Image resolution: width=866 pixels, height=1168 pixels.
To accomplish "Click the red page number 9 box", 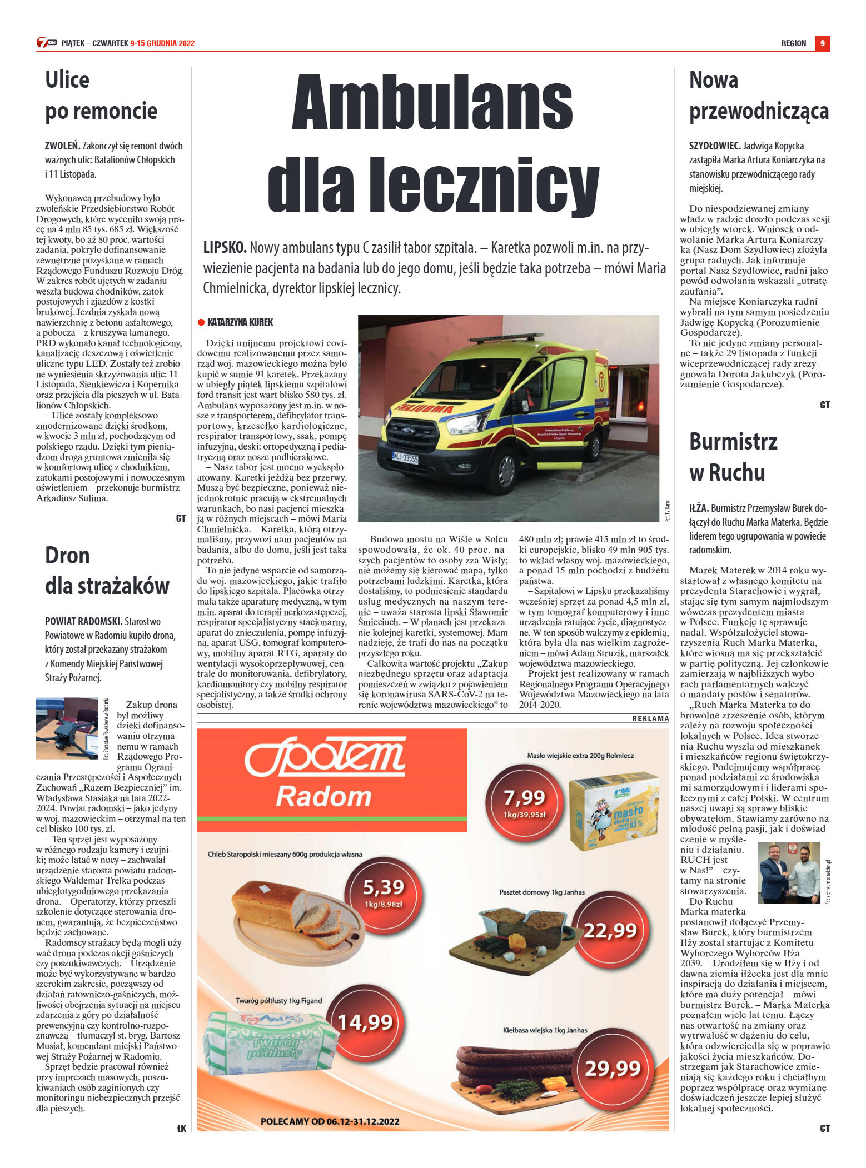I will tap(822, 43).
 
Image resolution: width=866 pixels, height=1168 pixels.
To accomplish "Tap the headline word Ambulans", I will tap(432, 103).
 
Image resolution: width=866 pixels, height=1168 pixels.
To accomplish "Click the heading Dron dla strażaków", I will tap(107, 570).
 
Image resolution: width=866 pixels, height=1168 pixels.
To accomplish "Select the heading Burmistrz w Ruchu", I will tap(733, 457).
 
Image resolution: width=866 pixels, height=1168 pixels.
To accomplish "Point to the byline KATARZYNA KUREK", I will tap(240, 322).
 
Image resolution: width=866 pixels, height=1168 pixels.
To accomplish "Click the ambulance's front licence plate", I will tap(405, 458).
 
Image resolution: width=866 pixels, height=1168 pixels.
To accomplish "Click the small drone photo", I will tap(67, 728).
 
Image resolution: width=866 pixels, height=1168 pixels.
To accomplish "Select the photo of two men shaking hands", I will tap(789, 872).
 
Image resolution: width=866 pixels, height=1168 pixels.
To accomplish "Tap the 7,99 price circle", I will tap(524, 801).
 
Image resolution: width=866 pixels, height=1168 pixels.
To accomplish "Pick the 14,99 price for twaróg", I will tap(365, 1021).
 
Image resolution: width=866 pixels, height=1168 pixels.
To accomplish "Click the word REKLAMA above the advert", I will tap(650, 718).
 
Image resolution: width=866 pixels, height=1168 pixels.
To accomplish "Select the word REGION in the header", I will tap(793, 43).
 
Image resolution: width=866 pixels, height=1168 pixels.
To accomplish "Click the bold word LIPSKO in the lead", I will tap(225, 247).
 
